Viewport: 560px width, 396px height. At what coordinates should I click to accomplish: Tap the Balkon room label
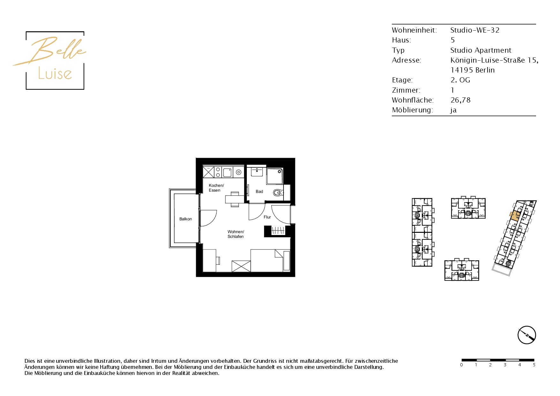(185, 219)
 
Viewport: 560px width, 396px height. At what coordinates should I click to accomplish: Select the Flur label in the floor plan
(267, 217)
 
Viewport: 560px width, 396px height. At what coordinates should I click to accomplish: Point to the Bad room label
(259, 192)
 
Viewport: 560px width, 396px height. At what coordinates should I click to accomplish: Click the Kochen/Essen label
(216, 188)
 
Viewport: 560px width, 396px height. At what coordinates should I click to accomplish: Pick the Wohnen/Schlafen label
(236, 234)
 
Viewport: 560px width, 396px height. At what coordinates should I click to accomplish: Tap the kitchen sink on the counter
(227, 172)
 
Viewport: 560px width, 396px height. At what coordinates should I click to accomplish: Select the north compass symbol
(526, 335)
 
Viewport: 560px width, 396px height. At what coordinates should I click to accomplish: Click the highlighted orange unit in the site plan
(515, 216)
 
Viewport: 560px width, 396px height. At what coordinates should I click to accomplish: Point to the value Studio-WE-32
(475, 30)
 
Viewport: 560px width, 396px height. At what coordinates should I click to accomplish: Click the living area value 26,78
(460, 100)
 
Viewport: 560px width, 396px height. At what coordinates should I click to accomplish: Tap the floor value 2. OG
(460, 80)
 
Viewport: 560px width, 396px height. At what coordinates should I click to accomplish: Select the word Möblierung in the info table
(412, 110)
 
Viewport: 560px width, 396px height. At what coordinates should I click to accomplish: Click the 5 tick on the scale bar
(534, 365)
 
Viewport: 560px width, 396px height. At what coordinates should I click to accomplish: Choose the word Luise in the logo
(55, 73)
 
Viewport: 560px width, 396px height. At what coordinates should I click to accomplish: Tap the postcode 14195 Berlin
(473, 70)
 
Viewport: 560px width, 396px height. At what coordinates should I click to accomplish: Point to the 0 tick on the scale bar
(461, 365)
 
